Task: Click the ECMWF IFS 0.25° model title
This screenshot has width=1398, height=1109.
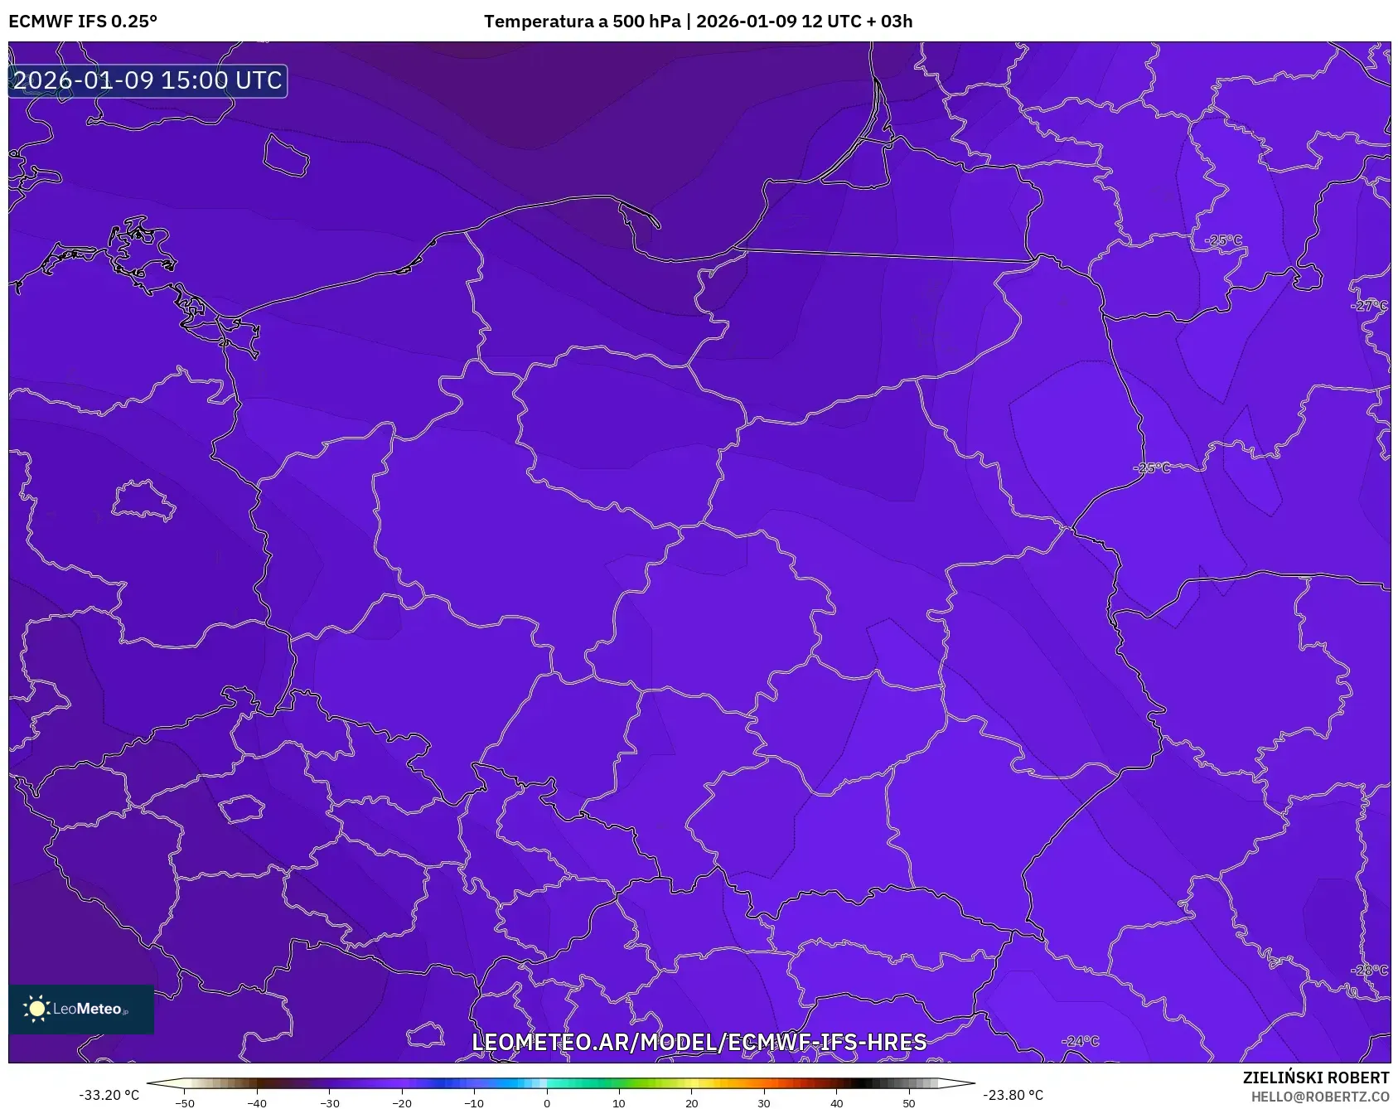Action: [83, 22]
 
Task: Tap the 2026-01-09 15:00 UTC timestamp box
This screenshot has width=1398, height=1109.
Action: [148, 80]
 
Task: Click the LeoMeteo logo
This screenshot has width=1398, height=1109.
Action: [81, 1009]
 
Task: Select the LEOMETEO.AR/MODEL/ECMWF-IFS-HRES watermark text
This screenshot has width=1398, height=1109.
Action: [699, 1042]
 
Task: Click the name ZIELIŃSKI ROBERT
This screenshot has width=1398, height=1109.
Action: [1315, 1078]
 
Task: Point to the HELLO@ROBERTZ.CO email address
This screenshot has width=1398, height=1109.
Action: [1319, 1097]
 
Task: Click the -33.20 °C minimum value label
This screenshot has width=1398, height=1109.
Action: [109, 1095]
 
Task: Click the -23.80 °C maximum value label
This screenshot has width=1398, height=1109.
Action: [1013, 1095]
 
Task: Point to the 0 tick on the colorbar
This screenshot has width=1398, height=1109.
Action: [546, 1102]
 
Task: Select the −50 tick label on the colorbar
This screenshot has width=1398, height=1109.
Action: [185, 1102]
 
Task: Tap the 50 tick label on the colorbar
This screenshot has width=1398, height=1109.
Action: [908, 1102]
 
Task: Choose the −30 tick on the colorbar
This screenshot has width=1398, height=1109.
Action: [330, 1102]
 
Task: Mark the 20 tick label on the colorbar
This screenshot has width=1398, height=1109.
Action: [691, 1102]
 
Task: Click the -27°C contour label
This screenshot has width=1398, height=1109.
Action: [1369, 306]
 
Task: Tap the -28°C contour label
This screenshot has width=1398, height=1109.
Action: [1369, 970]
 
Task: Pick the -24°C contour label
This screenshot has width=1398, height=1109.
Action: [1081, 1041]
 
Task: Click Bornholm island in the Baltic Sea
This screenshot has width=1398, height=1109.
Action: [286, 155]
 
